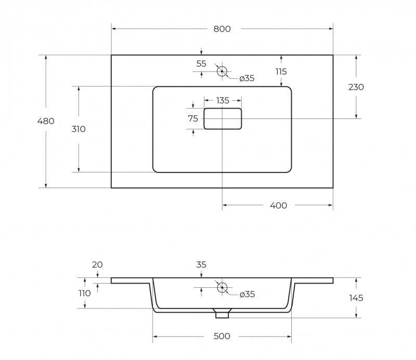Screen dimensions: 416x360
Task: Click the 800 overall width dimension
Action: tap(222, 29)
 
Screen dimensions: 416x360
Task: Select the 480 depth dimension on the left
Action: tap(46, 121)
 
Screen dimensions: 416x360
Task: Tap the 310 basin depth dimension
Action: tap(79, 129)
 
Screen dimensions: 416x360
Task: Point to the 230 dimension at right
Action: tap(356, 87)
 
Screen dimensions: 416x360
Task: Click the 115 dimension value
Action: tap(281, 72)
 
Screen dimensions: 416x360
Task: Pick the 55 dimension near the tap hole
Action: tap(201, 63)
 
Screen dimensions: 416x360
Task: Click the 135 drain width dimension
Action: tap(223, 100)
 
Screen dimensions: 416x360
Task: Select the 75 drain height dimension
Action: tap(193, 118)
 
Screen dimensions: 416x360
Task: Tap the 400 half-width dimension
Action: tap(279, 205)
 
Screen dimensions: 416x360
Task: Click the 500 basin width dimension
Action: tap(222, 336)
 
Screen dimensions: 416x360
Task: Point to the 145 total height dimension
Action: tap(356, 298)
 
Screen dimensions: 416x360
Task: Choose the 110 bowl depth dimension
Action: tap(85, 293)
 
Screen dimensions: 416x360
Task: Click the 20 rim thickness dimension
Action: tap(97, 264)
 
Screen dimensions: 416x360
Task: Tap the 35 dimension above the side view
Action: tap(201, 264)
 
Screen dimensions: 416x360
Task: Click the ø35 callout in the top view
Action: tap(246, 78)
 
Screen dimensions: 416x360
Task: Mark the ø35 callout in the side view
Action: tap(247, 294)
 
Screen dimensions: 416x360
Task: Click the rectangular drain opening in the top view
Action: tap(223, 108)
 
